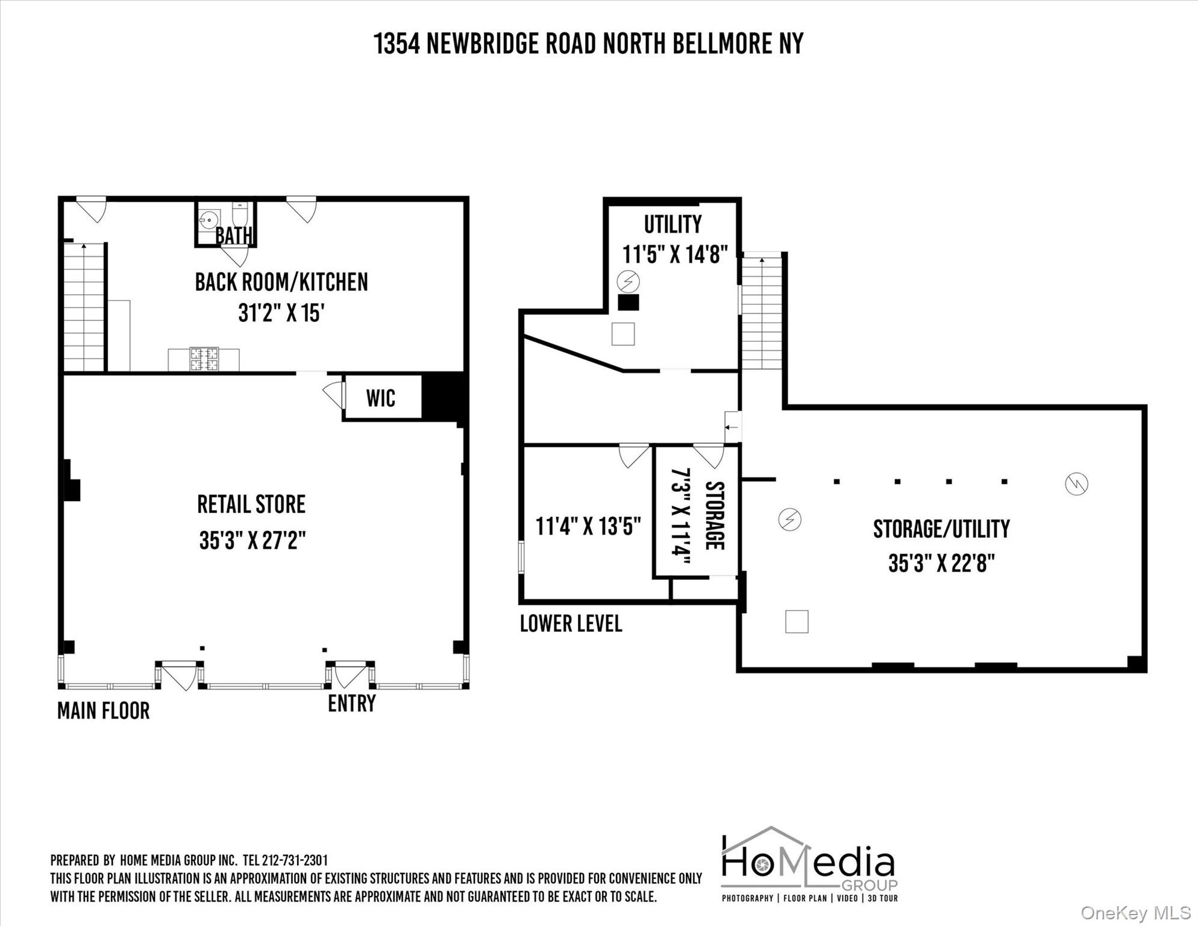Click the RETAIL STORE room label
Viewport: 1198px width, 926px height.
[x=251, y=505]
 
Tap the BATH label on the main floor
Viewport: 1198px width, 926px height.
[x=234, y=236]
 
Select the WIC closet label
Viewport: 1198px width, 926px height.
[x=381, y=398]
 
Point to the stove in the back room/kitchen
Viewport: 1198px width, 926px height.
[x=204, y=359]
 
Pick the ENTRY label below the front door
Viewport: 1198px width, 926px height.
[x=352, y=703]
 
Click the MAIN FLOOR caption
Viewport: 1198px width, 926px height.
[x=104, y=711]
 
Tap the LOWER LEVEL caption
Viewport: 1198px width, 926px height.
[x=571, y=623]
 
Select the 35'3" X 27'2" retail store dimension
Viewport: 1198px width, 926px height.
[x=252, y=540]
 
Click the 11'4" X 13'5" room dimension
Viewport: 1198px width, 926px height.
[x=588, y=526]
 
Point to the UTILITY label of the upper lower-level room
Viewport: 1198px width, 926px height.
[x=673, y=224]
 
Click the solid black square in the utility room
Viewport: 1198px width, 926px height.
[x=629, y=303]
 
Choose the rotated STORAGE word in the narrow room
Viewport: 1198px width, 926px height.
[x=714, y=515]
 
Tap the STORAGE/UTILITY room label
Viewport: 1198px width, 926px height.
[x=941, y=529]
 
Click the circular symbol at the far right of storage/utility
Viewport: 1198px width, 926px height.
[x=1076, y=484]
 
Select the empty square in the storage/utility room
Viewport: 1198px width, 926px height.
[x=797, y=622]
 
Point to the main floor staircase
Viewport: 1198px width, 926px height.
[x=84, y=307]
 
